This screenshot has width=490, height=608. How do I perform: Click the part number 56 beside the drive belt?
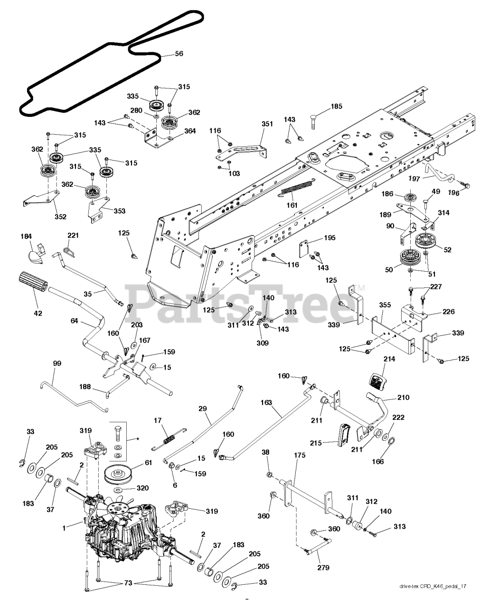coord(179,54)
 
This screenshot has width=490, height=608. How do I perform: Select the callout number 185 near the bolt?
coord(336,107)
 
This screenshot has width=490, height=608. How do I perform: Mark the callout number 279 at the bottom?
coord(323,567)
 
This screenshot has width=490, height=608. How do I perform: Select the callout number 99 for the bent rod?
coord(57,363)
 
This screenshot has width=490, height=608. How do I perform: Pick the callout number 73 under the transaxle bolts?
coord(127,583)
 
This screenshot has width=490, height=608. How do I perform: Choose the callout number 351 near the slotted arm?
coord(267,124)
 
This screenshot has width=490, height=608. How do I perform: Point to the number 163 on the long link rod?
coord(266,403)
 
